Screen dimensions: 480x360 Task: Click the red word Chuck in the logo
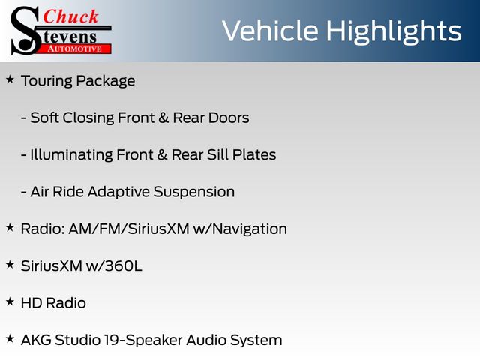tap(70, 16)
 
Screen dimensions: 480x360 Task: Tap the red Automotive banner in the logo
tap(75, 49)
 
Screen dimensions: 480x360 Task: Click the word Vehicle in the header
tap(270, 31)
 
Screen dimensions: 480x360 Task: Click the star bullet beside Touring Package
tap(10, 79)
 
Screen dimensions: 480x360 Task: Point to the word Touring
tap(46, 82)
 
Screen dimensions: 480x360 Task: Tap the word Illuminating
tap(72, 155)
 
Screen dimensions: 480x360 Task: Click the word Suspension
tap(194, 193)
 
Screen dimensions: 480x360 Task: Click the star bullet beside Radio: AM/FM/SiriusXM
tap(10, 228)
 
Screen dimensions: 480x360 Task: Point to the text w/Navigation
tap(240, 229)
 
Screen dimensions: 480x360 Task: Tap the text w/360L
tap(114, 266)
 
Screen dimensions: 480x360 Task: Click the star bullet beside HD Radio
tap(10, 301)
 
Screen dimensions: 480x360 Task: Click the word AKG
tap(36, 340)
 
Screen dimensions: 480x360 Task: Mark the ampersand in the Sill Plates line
tap(162, 155)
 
